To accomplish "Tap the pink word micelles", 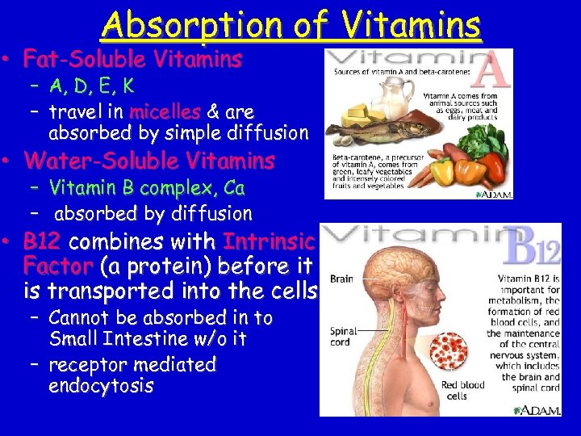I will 165,111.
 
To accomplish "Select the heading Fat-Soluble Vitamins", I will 133,59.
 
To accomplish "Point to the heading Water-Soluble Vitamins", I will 149,161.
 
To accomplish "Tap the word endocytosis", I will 101,386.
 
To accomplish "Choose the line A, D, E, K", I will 90,86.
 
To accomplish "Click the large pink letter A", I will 490,71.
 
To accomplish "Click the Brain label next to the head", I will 341,279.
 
